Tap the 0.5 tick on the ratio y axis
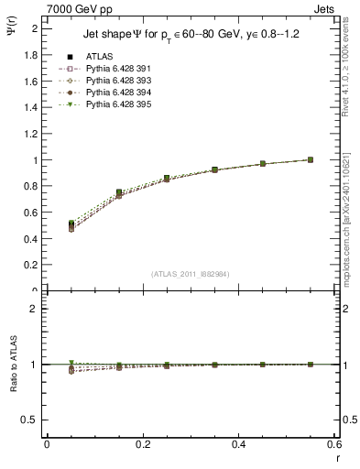click(x=31, y=420)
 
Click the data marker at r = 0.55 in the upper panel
click(x=311, y=159)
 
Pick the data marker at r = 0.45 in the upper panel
click(x=262, y=163)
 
